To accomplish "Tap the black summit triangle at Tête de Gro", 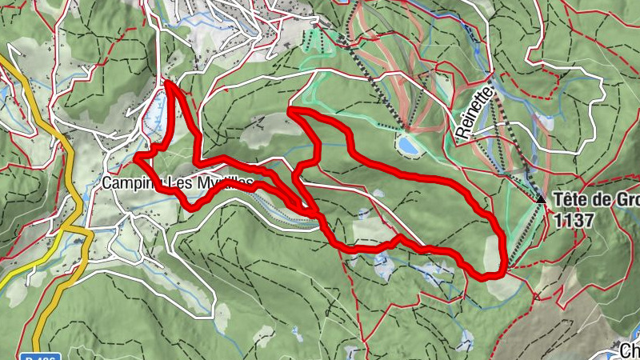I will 542,199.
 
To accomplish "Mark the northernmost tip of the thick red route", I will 169,82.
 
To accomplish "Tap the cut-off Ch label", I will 630,350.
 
